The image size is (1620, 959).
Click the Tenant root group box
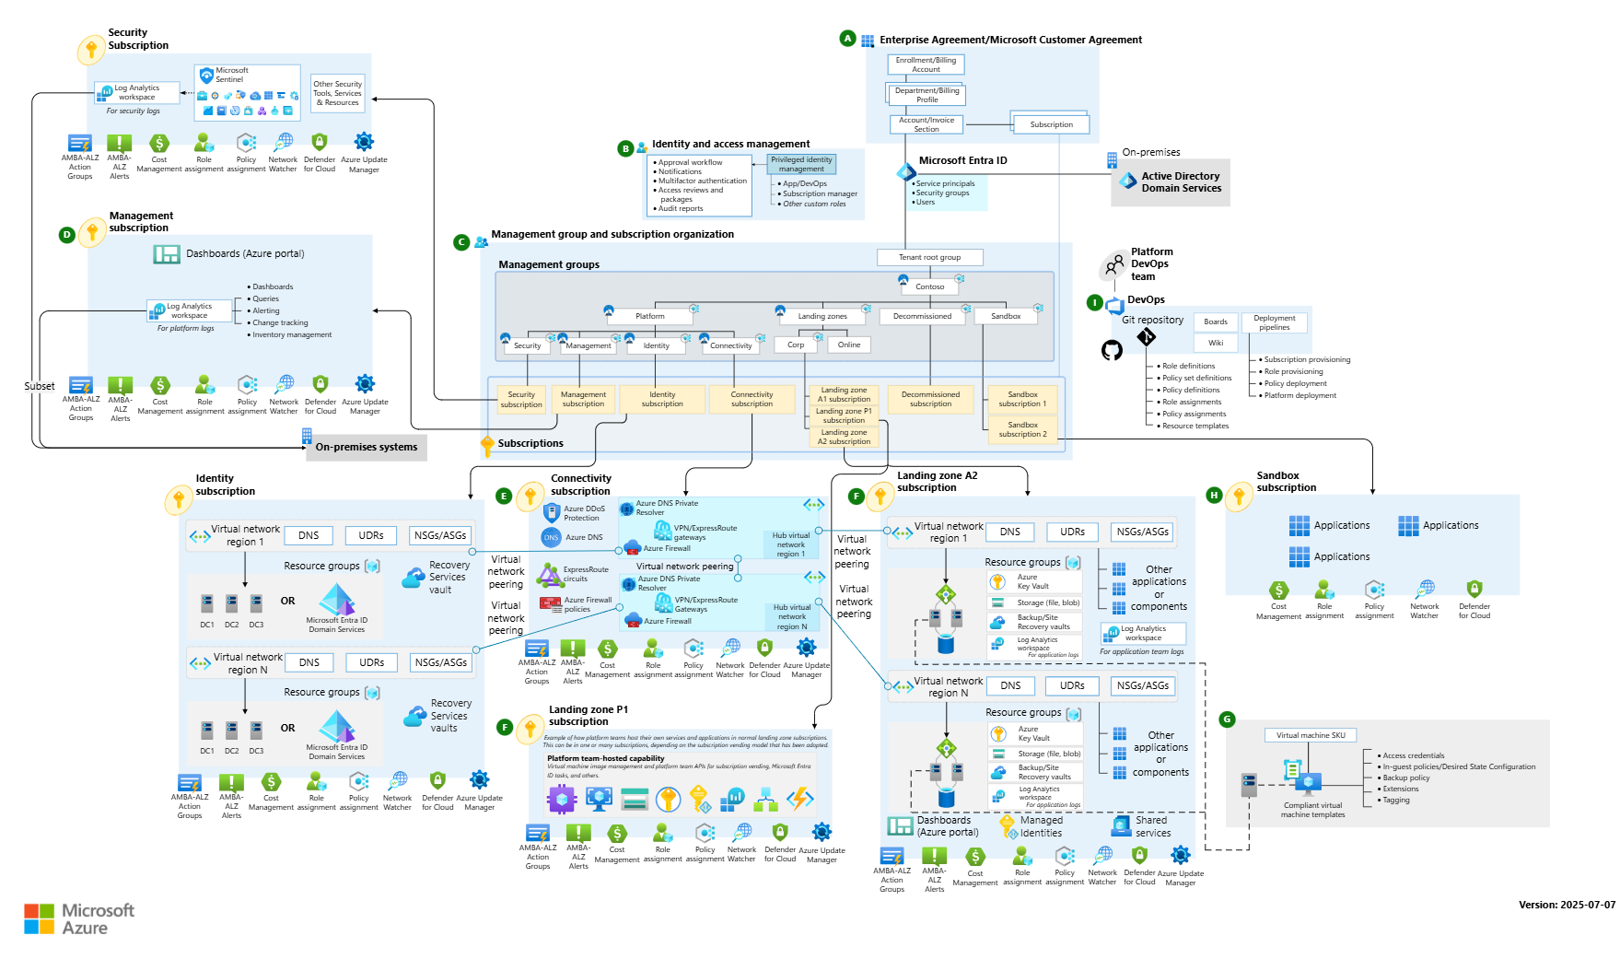929,257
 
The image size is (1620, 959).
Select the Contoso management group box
929,287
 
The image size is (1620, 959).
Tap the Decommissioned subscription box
930,399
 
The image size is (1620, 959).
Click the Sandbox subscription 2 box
1022,430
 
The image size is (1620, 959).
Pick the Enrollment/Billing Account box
926,64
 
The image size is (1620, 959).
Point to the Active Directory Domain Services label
1180,182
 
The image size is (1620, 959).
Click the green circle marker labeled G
1227,719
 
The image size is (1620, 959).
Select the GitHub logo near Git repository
1112,350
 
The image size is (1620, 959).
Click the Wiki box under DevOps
1216,343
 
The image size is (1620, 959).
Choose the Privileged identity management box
801,164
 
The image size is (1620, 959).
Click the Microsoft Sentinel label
231,75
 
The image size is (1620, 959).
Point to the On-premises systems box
366,448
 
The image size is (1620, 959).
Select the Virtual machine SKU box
1310,735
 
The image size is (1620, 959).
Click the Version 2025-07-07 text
1566,905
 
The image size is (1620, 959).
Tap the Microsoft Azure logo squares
39,918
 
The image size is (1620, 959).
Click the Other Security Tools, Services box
338,93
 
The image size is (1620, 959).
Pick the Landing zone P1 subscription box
844,415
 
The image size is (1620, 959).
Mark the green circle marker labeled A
847,39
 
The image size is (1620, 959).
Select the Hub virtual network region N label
791,617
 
